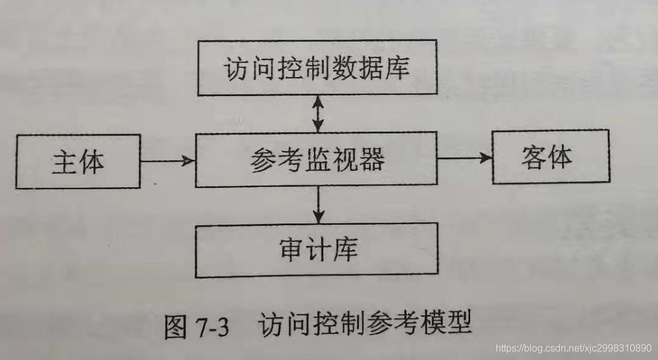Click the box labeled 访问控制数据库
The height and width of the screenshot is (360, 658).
click(317, 68)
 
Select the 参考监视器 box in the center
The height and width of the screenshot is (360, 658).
click(316, 159)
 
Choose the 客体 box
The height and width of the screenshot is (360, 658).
click(550, 157)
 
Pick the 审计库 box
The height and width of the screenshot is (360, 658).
click(317, 250)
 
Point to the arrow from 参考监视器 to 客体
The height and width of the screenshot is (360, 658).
click(465, 158)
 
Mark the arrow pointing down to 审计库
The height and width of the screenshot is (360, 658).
click(317, 205)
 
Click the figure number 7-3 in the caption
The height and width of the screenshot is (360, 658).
click(211, 328)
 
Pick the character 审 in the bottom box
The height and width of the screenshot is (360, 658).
click(291, 250)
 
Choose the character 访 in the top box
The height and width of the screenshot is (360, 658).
click(235, 68)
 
